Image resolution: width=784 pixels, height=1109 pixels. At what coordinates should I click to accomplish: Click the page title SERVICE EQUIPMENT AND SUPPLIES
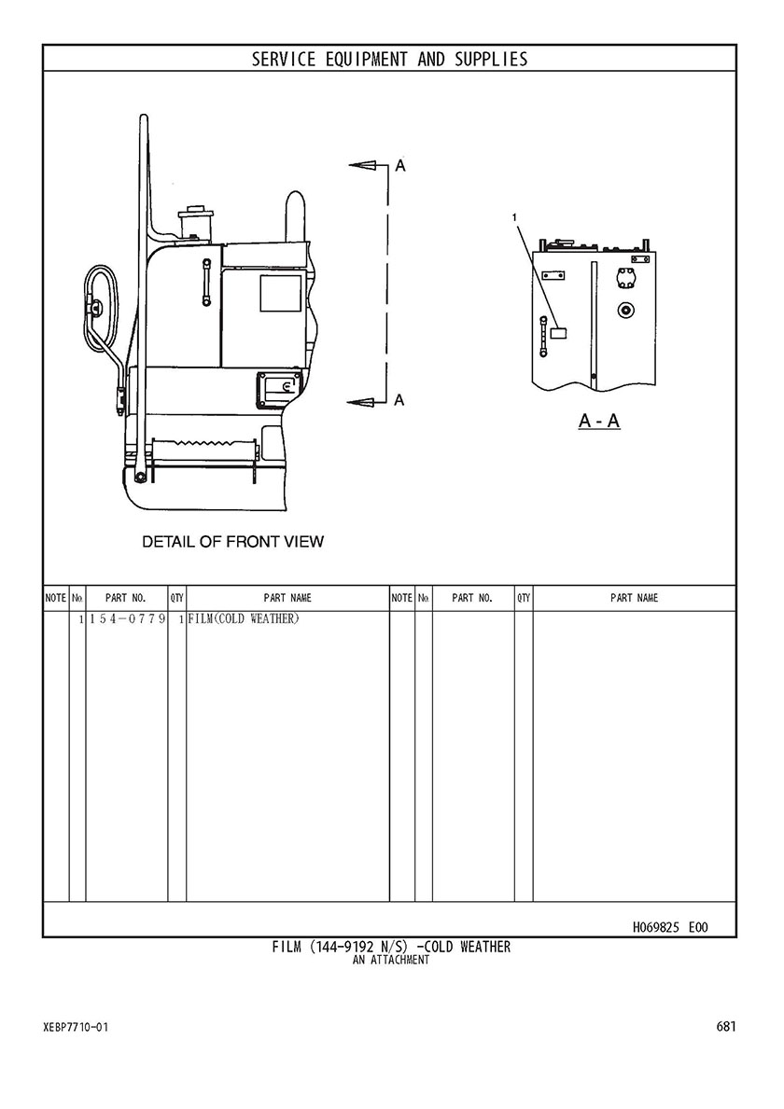[x=390, y=59]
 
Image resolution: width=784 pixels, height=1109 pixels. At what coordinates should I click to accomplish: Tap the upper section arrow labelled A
[x=369, y=165]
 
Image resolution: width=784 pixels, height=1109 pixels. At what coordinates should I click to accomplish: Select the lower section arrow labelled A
[x=369, y=402]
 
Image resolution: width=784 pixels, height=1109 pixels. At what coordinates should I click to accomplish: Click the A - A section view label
[x=599, y=421]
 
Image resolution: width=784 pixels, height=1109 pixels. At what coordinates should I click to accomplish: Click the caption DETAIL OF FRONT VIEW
[x=232, y=542]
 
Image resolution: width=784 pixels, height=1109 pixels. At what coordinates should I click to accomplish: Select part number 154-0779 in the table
[x=127, y=619]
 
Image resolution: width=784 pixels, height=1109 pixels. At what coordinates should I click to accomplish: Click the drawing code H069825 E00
[x=669, y=927]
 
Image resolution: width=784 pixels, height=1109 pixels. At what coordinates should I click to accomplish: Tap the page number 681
[x=726, y=1026]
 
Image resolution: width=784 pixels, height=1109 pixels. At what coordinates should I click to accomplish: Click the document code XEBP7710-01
[x=76, y=1027]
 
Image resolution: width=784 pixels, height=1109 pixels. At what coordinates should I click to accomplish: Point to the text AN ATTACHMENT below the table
[x=391, y=960]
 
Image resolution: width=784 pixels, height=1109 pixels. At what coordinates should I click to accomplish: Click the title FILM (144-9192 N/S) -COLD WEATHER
[x=391, y=947]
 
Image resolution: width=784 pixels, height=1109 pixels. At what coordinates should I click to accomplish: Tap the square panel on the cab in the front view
[x=280, y=294]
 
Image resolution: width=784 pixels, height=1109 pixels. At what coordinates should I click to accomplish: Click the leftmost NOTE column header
[x=56, y=599]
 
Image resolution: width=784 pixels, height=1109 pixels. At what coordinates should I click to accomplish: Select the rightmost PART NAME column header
[x=634, y=599]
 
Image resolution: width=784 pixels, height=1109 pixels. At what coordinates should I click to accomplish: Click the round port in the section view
[x=624, y=310]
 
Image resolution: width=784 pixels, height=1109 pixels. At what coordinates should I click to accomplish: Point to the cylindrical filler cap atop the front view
[x=197, y=224]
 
